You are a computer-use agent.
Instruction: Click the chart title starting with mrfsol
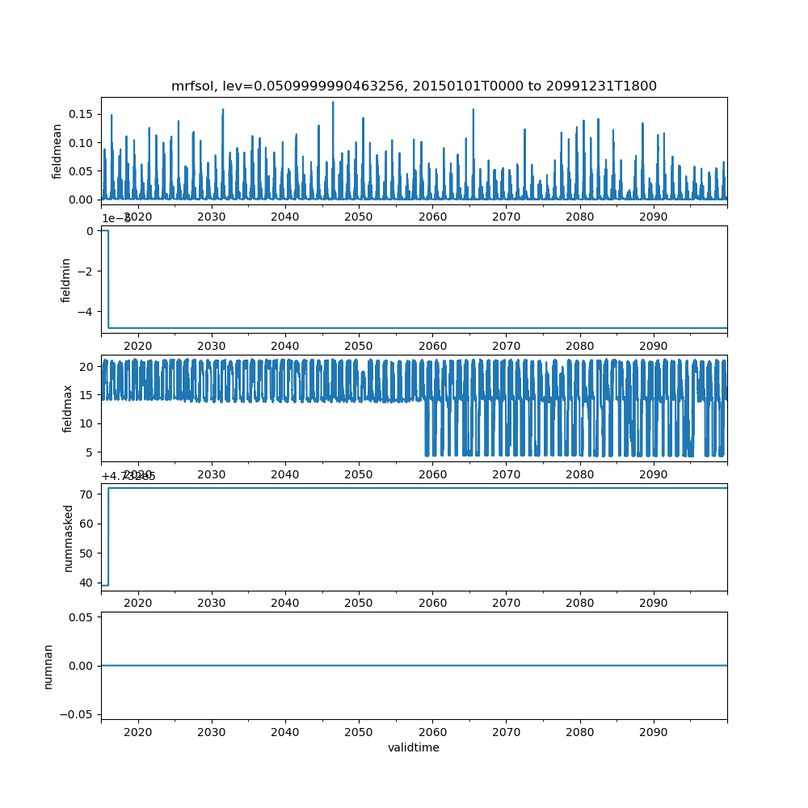(x=414, y=86)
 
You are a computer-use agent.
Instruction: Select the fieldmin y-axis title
(x=66, y=280)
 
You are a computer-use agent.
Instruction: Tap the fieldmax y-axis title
(x=68, y=409)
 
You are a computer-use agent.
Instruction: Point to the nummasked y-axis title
(x=69, y=537)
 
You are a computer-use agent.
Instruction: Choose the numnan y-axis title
(x=48, y=666)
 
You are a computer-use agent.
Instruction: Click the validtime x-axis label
(x=414, y=747)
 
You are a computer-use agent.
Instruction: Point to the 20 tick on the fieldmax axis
(x=88, y=366)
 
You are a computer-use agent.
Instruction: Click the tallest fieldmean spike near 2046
(x=333, y=103)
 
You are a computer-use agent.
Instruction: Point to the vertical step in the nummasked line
(x=108, y=537)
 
